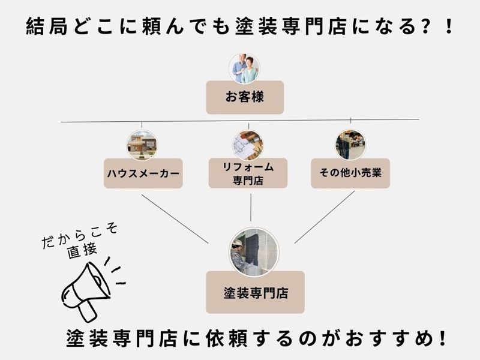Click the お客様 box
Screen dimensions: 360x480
[244, 97]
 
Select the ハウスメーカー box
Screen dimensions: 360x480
[143, 173]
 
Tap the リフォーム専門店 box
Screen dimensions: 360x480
[247, 173]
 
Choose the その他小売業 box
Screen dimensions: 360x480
[350, 173]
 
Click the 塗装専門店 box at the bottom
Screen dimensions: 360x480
[255, 293]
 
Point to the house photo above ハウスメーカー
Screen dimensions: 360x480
[142, 145]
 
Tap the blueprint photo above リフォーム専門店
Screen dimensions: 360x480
[248, 144]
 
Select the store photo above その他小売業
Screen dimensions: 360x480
[350, 145]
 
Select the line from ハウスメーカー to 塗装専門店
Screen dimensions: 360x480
[174, 217]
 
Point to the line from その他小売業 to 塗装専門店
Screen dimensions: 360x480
[324, 217]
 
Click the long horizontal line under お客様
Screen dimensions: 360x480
[240, 122]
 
